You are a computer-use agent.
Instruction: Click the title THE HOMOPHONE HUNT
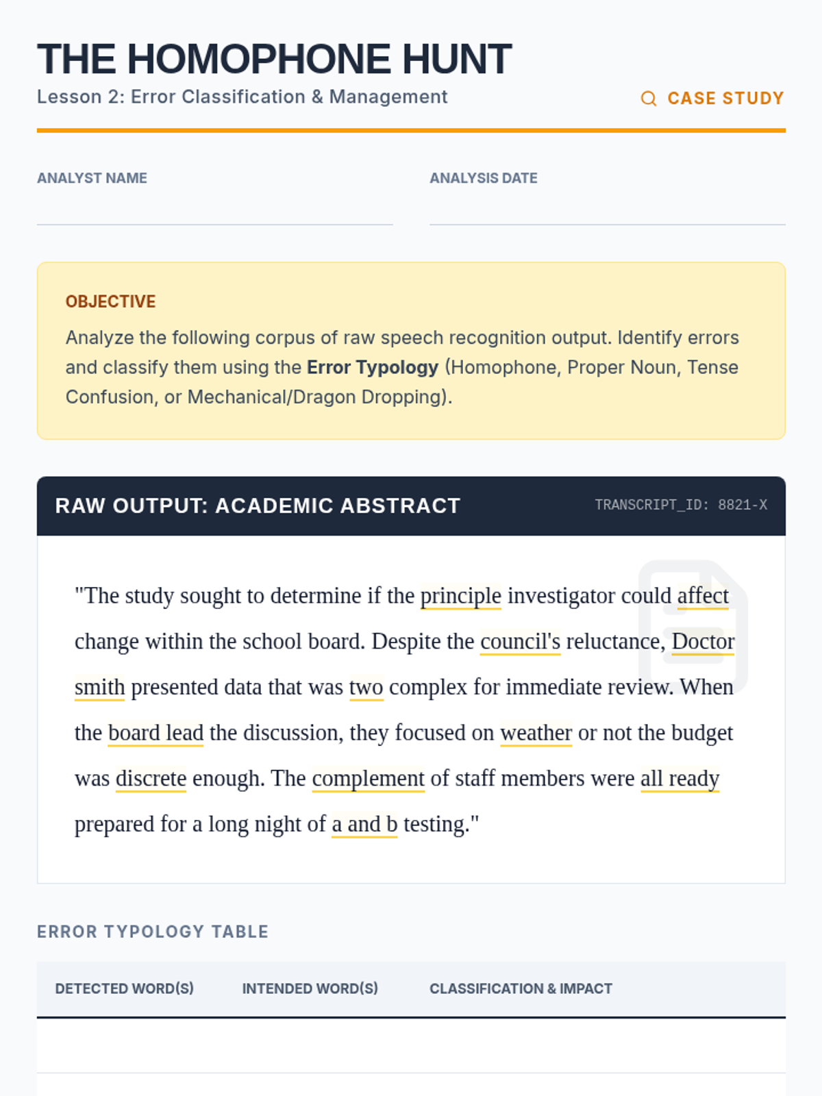274,59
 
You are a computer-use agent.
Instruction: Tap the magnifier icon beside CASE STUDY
648,99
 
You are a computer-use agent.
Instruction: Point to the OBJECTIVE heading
110,301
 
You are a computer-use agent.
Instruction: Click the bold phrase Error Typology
372,367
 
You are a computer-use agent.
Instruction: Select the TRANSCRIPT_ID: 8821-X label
680,505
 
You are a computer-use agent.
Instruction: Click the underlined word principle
460,596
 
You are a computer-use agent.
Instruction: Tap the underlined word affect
703,596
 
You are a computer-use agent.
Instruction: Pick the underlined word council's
520,642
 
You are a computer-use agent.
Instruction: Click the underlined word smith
99,687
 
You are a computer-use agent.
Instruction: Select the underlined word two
366,687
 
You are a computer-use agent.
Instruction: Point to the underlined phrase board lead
155,733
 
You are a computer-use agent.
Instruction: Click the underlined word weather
536,733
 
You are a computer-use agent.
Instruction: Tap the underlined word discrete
151,779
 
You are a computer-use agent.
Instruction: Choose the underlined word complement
368,779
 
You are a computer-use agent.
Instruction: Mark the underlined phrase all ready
680,779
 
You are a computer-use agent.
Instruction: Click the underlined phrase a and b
364,824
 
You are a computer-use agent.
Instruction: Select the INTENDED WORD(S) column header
310,988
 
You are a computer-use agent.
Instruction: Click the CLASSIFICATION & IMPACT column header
521,988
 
